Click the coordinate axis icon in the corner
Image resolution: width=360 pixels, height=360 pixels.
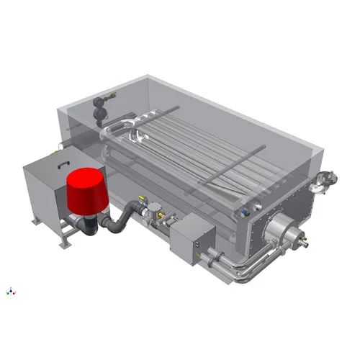click(10, 291)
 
